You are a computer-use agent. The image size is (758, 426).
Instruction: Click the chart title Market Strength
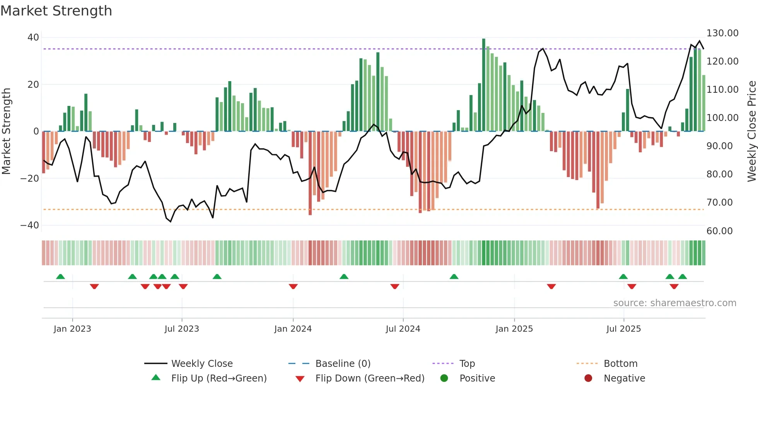(56, 11)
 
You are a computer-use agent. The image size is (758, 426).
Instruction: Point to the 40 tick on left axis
(33, 37)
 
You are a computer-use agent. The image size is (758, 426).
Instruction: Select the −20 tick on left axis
(30, 178)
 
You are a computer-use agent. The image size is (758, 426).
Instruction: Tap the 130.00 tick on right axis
(722, 33)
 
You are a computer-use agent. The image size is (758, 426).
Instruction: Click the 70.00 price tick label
(719, 203)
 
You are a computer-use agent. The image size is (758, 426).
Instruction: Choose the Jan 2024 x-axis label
(293, 329)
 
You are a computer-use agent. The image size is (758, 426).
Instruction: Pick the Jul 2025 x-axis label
(623, 329)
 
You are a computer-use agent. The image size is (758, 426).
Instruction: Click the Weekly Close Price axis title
(751, 131)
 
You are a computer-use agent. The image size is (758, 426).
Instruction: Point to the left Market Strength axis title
(6, 131)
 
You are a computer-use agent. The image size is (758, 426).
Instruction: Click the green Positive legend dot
(444, 378)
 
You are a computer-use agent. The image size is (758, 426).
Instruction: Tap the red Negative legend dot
(588, 378)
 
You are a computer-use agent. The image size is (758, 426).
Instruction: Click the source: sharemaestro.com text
(674, 303)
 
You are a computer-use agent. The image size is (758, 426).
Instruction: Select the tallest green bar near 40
(483, 85)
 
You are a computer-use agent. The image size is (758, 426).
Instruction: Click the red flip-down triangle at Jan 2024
(293, 286)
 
